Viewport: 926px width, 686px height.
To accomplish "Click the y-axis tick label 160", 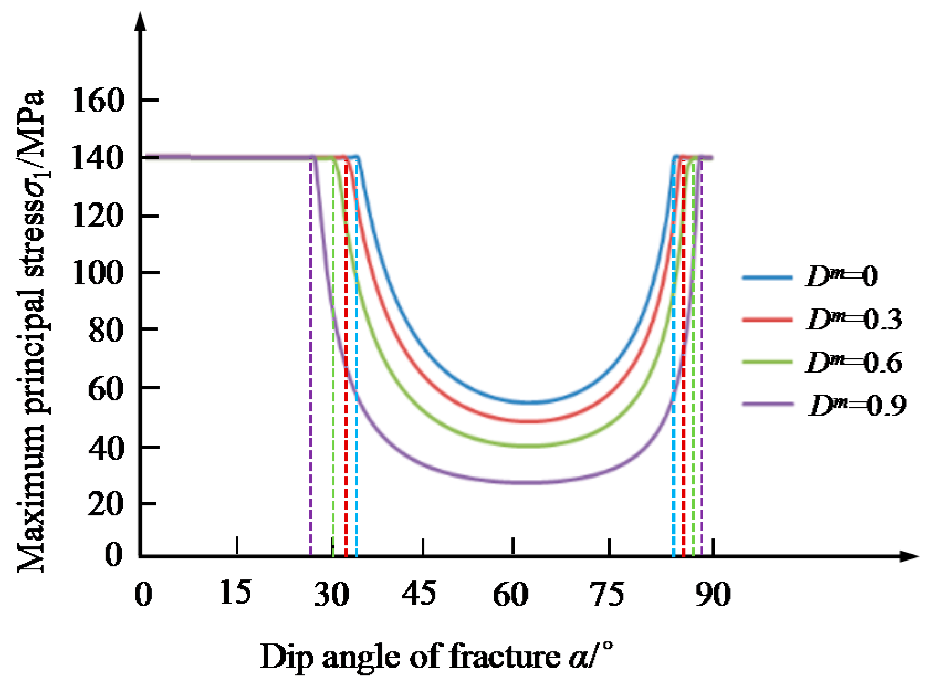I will (98, 101).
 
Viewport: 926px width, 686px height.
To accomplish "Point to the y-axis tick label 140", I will (98, 158).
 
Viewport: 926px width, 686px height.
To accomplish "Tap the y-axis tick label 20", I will (106, 504).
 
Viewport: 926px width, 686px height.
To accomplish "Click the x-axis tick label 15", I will (235, 593).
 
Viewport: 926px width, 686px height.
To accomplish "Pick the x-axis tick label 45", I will (418, 594).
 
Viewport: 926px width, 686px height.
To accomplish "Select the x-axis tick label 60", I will (510, 594).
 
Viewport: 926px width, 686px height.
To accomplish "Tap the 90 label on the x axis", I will (713, 594).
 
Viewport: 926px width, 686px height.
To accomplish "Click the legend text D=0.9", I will (857, 406).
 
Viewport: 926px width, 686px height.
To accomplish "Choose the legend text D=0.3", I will (854, 320).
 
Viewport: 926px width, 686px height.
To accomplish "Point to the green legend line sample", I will (767, 362).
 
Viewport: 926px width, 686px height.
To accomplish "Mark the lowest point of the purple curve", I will (531, 483).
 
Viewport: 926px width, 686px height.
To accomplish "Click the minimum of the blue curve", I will (531, 402).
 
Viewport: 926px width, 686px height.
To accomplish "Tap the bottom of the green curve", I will (531, 446).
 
